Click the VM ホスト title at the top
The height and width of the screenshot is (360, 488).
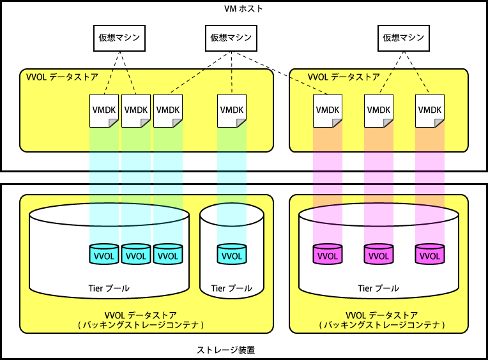[x=244, y=8]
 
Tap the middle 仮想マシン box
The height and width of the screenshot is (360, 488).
[x=231, y=38]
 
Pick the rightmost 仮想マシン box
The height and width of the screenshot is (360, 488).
[x=403, y=38]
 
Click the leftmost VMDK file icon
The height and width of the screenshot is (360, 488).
[x=104, y=110]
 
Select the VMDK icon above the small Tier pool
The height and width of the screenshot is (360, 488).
[x=232, y=110]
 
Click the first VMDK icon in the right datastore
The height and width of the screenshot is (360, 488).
[x=328, y=110]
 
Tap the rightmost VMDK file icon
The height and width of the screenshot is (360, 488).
[x=430, y=110]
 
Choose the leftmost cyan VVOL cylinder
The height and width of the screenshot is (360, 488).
[x=104, y=255]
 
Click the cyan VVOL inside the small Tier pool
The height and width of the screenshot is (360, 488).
[x=232, y=255]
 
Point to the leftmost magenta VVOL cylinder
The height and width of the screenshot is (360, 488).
[x=328, y=255]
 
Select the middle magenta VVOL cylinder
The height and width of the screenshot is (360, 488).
[x=379, y=255]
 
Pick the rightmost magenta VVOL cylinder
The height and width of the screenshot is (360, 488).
[x=430, y=255]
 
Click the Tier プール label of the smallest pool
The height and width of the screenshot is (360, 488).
[x=232, y=289]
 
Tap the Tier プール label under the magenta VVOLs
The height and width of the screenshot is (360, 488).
[x=379, y=289]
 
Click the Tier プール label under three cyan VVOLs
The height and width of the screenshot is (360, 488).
[x=109, y=289]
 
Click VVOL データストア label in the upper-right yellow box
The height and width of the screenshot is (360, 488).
[x=344, y=77]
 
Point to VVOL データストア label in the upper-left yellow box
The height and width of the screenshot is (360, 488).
[x=62, y=77]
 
